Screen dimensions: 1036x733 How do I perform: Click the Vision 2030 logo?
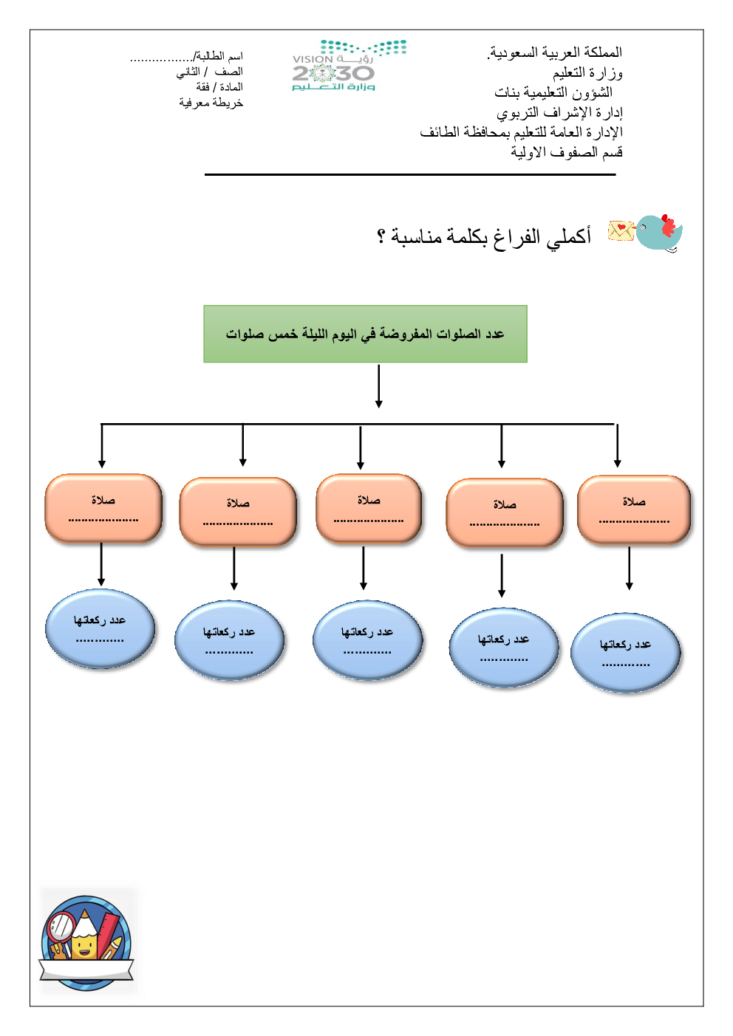[x=347, y=66]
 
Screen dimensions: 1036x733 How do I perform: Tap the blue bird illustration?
[x=659, y=233]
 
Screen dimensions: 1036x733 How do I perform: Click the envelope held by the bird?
[x=621, y=231]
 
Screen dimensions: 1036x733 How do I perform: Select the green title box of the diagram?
[x=365, y=334]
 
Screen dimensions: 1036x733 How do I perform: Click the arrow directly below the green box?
[x=378, y=385]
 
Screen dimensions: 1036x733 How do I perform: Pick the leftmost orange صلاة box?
[x=103, y=509]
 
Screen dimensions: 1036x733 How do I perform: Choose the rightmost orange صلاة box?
[x=634, y=510]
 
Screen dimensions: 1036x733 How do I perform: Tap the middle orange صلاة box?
[x=369, y=509]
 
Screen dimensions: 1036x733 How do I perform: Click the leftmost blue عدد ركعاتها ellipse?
[x=100, y=629]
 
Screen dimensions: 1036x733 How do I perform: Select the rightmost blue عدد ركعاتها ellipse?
[x=625, y=653]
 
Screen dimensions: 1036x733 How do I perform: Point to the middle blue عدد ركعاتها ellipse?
[x=367, y=640]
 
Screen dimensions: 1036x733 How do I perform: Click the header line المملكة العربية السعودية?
[x=555, y=52]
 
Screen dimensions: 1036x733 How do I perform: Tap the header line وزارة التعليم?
[x=587, y=72]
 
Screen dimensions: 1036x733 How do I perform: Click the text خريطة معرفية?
[x=211, y=103]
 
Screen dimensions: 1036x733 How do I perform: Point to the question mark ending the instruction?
[x=381, y=236]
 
